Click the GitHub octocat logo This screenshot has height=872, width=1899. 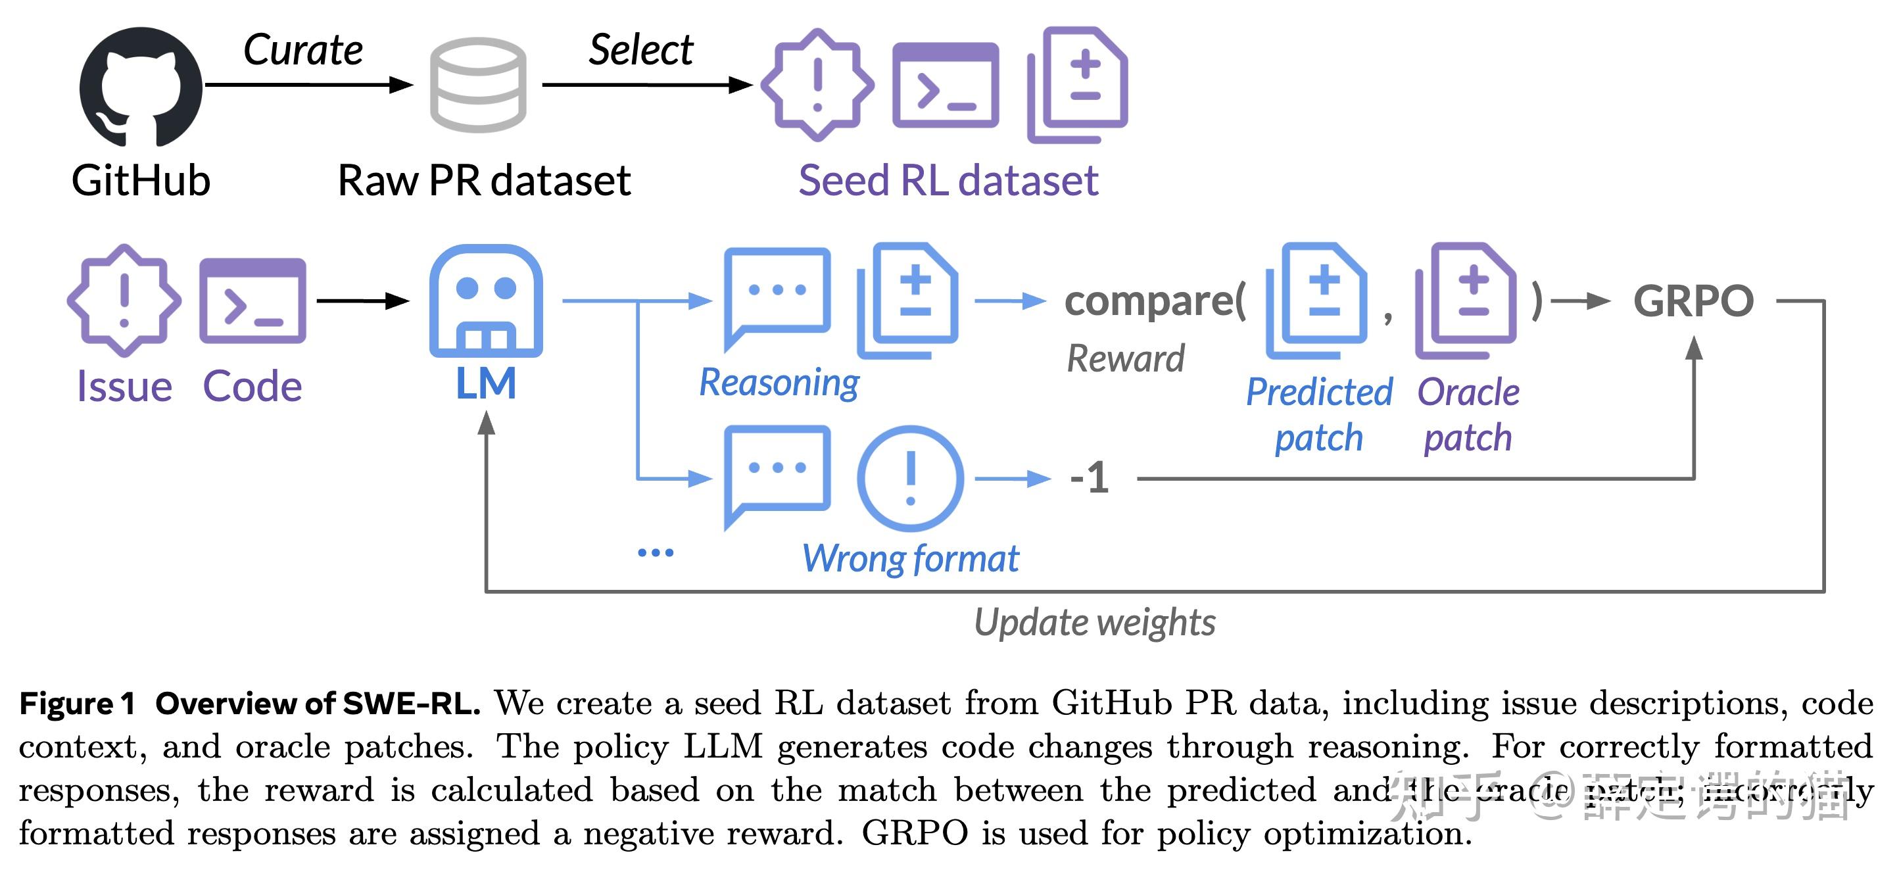click(140, 87)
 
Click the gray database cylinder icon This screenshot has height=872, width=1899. click(477, 85)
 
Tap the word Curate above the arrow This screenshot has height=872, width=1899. click(303, 50)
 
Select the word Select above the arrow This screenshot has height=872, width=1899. click(640, 50)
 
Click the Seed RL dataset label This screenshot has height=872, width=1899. click(948, 181)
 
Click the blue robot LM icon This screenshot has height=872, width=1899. click(486, 301)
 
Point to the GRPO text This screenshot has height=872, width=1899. click(1693, 301)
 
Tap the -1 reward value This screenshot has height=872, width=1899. click(1090, 477)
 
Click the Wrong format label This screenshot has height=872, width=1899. click(911, 558)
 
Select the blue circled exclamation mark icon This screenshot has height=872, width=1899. click(911, 478)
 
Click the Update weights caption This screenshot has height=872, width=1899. click(1095, 622)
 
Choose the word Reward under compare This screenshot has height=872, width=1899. click(1126, 359)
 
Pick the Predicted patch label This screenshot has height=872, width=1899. click(1319, 414)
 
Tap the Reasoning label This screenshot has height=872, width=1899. click(779, 383)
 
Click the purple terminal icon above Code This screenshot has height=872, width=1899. click(252, 301)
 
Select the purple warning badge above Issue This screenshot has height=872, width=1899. click(124, 301)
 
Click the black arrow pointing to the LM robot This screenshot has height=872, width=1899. click(363, 301)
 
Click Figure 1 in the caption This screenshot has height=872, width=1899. click(78, 703)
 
